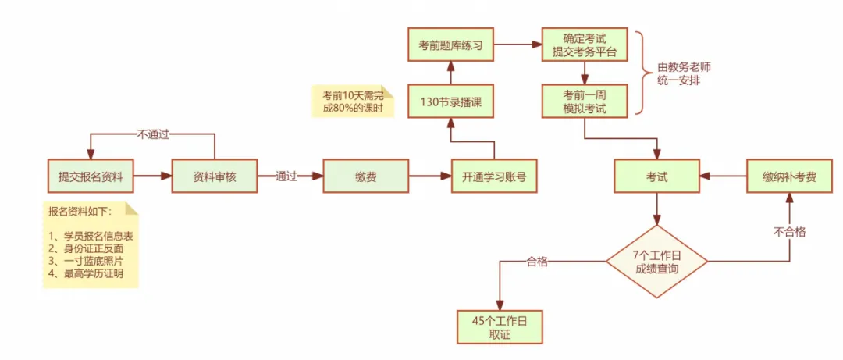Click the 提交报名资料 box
[x=90, y=176]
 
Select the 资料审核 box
[x=215, y=176]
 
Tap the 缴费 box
[x=365, y=176]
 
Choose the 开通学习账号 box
[x=493, y=176]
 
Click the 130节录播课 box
[x=450, y=101]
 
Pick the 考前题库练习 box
[x=450, y=45]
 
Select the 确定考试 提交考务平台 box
[x=585, y=45]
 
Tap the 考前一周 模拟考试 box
[x=585, y=101]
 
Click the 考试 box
[x=657, y=176]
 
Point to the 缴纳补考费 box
[x=789, y=176]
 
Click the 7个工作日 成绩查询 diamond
[x=657, y=262]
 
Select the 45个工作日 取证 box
[x=499, y=327]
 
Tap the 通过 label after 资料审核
[x=286, y=176]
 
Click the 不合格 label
[x=789, y=232]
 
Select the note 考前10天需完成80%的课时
[x=354, y=100]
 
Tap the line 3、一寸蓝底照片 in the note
[x=86, y=261]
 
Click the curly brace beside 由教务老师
[x=642, y=73]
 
